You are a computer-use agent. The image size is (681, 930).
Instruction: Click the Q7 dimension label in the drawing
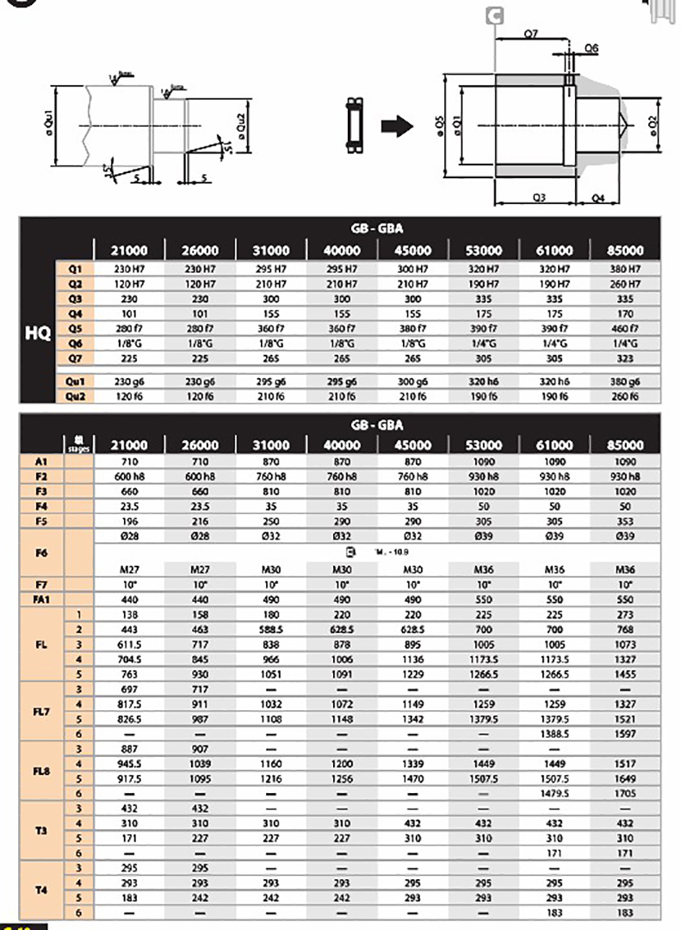tap(530, 34)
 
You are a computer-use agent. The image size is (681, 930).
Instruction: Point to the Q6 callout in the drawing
tap(591, 48)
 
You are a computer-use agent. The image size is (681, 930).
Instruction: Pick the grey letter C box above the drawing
tap(496, 16)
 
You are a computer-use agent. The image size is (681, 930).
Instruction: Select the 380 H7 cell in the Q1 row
tap(624, 269)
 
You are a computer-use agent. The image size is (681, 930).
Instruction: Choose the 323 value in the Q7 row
tap(624, 358)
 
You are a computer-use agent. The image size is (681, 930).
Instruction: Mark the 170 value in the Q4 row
tap(624, 313)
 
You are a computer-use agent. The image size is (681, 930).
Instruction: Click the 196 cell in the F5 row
tap(130, 521)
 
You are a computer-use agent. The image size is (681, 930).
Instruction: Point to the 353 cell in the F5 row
tap(624, 521)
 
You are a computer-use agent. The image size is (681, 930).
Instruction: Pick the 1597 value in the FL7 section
tap(624, 734)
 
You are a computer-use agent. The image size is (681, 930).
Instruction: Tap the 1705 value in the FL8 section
tap(624, 794)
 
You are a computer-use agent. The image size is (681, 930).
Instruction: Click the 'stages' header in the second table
tap(80, 444)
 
